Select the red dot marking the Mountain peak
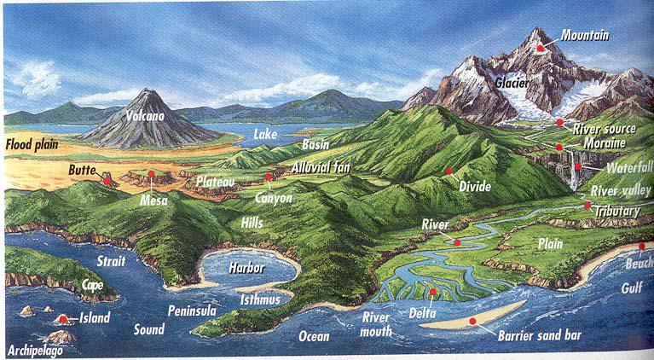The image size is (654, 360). tap(540, 48)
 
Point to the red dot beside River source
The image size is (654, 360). tap(559, 122)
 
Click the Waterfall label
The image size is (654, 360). tap(617, 168)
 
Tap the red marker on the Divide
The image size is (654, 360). tap(449, 171)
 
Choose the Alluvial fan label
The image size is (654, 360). tap(322, 168)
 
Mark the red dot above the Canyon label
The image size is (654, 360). tap(268, 177)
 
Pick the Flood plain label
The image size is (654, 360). tap(32, 144)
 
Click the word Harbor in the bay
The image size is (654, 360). tap(246, 267)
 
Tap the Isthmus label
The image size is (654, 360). tap(261, 299)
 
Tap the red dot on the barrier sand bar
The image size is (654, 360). tap(472, 321)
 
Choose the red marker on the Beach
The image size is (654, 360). tap(641, 247)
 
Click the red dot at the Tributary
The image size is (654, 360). tap(587, 205)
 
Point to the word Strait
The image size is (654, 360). tap(111, 261)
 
